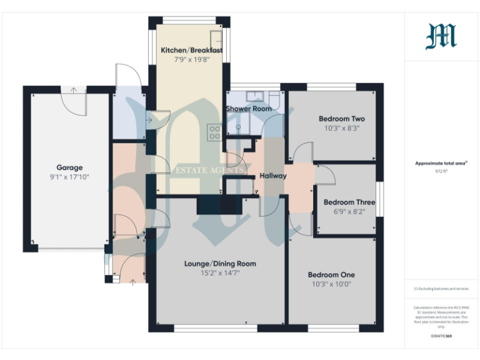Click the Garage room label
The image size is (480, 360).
pyautogui.click(x=69, y=167)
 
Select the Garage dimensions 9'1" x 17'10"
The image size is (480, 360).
pyautogui.click(x=69, y=177)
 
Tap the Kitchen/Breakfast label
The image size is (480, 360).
pyautogui.click(x=191, y=50)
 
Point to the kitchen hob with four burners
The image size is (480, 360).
pyautogui.click(x=214, y=132)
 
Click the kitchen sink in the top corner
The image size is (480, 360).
pyautogui.click(x=216, y=37)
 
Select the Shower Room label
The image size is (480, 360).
pyautogui.click(x=248, y=109)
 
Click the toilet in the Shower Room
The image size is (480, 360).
pyautogui.click(x=274, y=99)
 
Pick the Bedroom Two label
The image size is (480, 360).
pyautogui.click(x=341, y=119)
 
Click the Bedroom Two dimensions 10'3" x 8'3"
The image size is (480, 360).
pyautogui.click(x=341, y=128)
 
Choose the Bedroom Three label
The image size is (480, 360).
pyautogui.click(x=349, y=202)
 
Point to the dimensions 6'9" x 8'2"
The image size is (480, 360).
pyautogui.click(x=349, y=212)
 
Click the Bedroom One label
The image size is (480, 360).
pyautogui.click(x=331, y=274)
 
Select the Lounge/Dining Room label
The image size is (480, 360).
pyautogui.click(x=220, y=264)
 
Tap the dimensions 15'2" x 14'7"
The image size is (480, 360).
pyautogui.click(x=220, y=273)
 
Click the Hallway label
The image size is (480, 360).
pyautogui.click(x=272, y=176)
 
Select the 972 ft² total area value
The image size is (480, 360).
pyautogui.click(x=441, y=169)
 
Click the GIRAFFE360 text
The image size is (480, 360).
pyautogui.click(x=441, y=336)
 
